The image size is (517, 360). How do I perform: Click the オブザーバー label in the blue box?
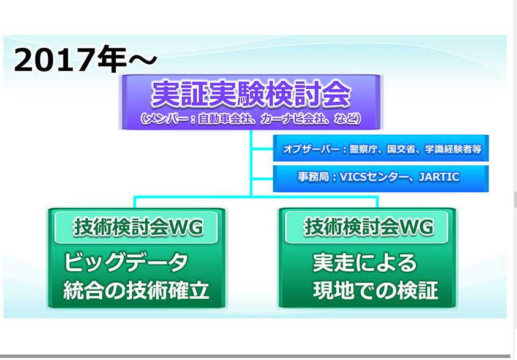(x=312, y=149)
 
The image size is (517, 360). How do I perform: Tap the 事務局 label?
(x=313, y=178)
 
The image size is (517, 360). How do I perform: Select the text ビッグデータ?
(x=126, y=263)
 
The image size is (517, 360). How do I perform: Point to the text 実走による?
(x=364, y=263)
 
